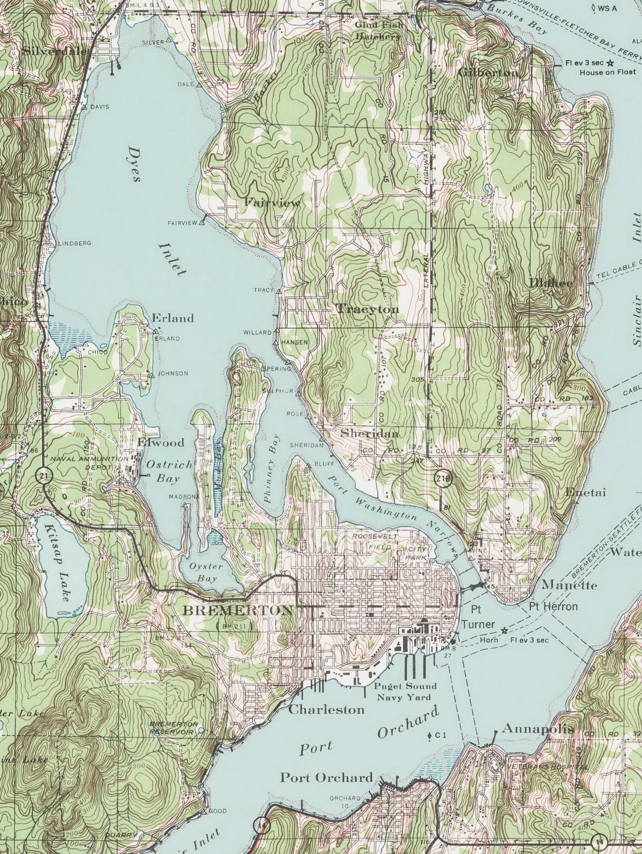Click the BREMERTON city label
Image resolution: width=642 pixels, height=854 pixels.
tap(238, 610)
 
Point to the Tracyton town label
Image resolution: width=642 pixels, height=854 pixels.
tap(367, 309)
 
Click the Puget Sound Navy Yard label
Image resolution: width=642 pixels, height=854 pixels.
tap(406, 691)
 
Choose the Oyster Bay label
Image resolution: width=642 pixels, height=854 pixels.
tap(206, 572)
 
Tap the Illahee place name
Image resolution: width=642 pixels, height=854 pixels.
tap(550, 283)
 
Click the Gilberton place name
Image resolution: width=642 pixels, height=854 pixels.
tap(488, 73)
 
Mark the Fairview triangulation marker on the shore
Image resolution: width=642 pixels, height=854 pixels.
tap(202, 222)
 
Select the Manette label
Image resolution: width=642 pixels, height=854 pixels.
tap(569, 585)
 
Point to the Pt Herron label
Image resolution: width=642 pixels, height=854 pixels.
tap(552, 606)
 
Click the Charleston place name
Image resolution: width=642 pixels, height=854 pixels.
tap(326, 709)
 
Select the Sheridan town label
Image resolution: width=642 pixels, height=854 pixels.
tap(369, 433)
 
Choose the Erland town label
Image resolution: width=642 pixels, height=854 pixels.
tap(172, 318)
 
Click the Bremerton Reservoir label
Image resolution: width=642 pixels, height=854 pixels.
tap(173, 727)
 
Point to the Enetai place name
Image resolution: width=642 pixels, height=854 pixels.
tap(585, 492)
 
